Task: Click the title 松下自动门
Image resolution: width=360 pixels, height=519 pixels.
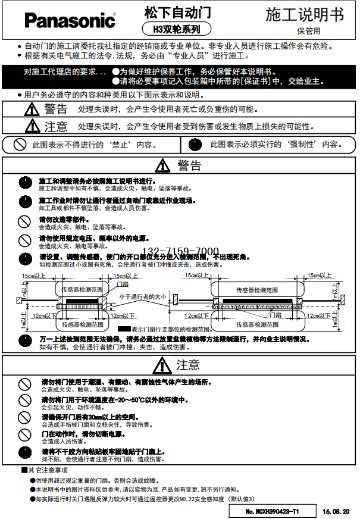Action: click(x=178, y=12)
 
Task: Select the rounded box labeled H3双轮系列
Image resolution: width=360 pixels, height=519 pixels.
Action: click(x=178, y=28)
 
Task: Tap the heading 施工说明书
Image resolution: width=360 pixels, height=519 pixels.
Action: click(x=304, y=14)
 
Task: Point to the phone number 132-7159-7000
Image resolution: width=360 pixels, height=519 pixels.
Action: click(x=181, y=251)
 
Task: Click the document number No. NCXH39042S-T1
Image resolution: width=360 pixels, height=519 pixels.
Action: click(x=273, y=511)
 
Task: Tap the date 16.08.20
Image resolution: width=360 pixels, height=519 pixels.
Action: click(x=336, y=511)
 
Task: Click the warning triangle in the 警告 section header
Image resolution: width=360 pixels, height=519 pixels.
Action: click(x=162, y=165)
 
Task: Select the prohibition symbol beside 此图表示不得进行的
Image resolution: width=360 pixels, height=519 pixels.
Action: click(x=20, y=144)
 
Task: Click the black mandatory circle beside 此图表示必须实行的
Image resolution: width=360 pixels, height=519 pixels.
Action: click(x=194, y=144)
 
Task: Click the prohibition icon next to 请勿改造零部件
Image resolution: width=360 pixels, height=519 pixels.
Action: click(x=24, y=221)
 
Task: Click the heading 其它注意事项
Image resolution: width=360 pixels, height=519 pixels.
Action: click(x=44, y=470)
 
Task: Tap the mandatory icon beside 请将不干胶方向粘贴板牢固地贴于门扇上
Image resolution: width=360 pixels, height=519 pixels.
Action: click(x=24, y=453)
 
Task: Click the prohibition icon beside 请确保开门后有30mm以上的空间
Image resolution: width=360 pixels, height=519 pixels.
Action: click(x=24, y=418)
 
